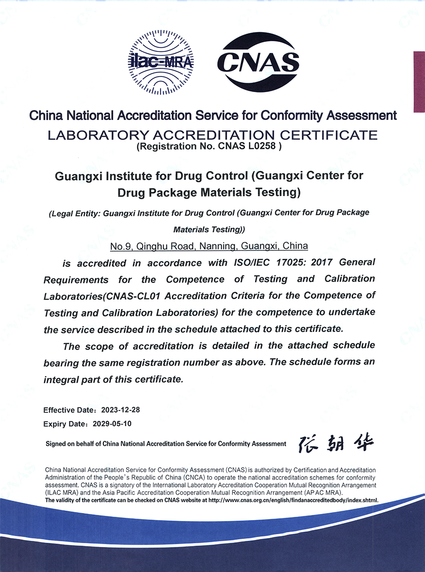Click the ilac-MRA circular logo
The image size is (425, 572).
tap(161, 62)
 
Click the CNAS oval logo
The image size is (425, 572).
tap(258, 62)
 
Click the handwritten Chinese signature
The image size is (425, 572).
tap(336, 443)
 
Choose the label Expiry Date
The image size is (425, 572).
tap(63, 424)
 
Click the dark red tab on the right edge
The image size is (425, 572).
tap(419, 81)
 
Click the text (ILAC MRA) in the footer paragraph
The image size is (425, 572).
tap(61, 493)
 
